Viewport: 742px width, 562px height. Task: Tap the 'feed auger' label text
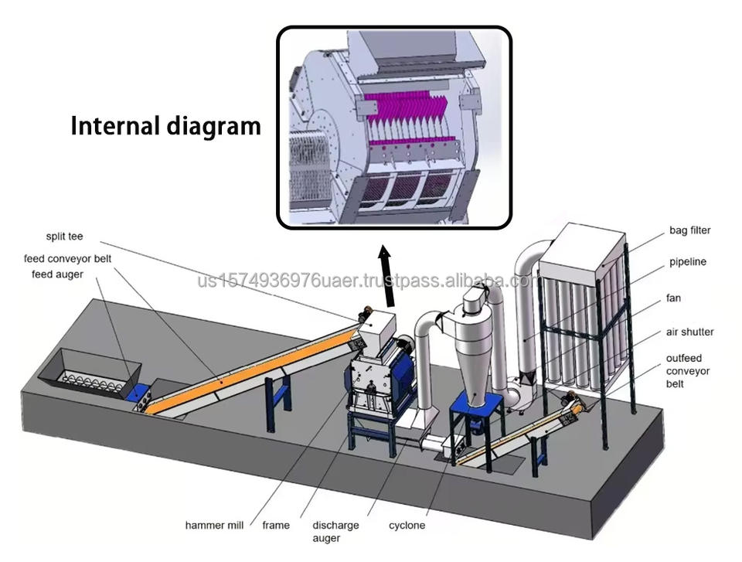(x=57, y=274)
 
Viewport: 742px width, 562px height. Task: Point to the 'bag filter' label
(x=689, y=230)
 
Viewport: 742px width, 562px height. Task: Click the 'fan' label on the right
(x=673, y=298)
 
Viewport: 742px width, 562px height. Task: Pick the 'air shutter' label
(x=689, y=332)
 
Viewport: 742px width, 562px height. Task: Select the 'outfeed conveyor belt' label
(x=688, y=370)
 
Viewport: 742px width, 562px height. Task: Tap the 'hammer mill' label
(x=214, y=526)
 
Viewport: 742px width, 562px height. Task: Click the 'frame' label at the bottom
(x=276, y=526)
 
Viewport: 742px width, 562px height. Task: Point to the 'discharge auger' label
(x=335, y=531)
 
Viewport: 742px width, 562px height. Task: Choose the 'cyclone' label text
(x=407, y=526)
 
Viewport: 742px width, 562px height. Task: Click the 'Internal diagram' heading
(x=166, y=125)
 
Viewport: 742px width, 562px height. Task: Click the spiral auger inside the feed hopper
(x=93, y=378)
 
